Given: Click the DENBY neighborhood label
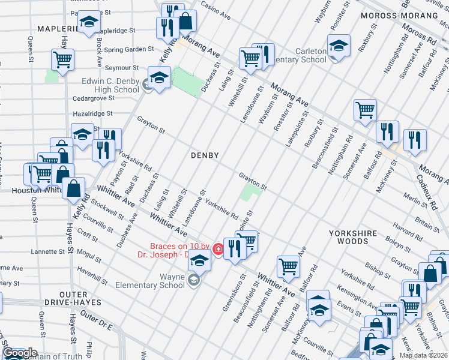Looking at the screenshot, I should [x=205, y=155].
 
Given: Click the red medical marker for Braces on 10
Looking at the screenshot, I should [x=218, y=248].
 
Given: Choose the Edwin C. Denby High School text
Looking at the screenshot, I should [x=110, y=85].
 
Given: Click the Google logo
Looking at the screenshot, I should [x=19, y=353].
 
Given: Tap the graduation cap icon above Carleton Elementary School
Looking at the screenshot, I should [x=339, y=46].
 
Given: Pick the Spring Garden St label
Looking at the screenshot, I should [x=129, y=50].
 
